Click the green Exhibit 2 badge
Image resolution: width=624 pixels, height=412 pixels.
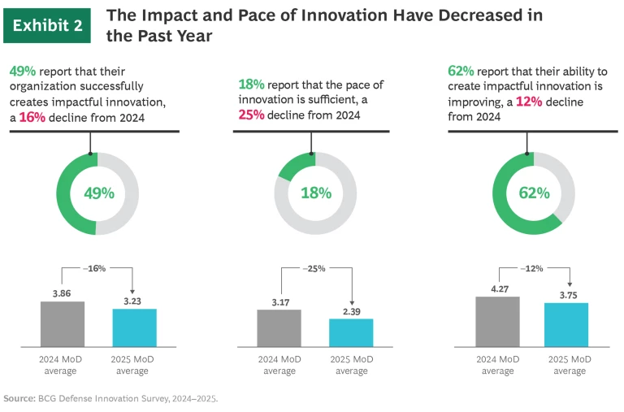tap(47, 25)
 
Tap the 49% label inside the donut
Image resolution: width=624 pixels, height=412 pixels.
tap(97, 193)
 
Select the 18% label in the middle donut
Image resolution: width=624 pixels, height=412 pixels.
tap(315, 193)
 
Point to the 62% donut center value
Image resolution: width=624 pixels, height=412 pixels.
tap(534, 193)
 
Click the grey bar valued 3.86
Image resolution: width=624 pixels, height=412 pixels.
tap(63, 324)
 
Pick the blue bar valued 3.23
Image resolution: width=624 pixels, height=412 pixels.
tap(133, 327)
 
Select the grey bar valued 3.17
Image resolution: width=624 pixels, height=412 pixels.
tap(279, 328)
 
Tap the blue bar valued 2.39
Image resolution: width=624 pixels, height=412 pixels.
tap(351, 332)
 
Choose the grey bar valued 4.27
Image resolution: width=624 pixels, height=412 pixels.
tap(497, 322)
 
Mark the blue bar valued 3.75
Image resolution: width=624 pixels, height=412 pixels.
tap(566, 325)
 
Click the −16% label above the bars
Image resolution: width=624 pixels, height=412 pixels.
tap(95, 267)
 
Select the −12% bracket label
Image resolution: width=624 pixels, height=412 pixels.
tap(533, 267)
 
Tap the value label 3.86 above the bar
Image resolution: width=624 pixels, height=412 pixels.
tap(63, 292)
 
